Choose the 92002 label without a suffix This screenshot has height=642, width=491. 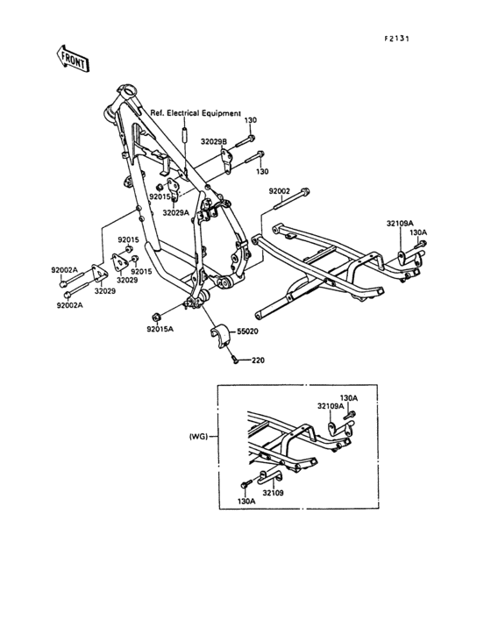[280, 190]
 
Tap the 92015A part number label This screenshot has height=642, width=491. [160, 330]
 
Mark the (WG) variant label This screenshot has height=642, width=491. [198, 436]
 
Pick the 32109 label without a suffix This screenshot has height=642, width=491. [273, 493]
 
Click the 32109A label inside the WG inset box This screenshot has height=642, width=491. [331, 406]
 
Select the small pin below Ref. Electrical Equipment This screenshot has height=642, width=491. [185, 137]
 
